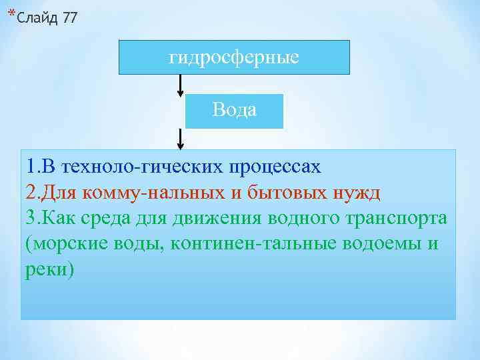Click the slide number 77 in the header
click(69, 18)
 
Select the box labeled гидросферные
click(234, 57)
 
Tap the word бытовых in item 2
click(287, 193)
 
